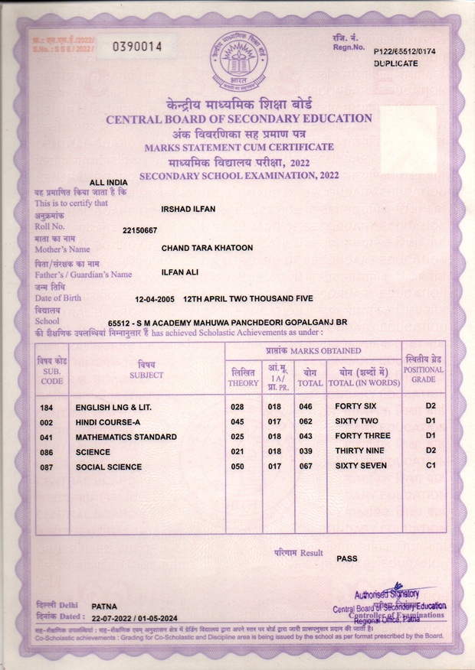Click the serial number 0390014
[138, 47]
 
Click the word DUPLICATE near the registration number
[396, 64]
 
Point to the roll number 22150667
[139, 230]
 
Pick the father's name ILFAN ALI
[182, 272]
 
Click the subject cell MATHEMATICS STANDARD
[126, 437]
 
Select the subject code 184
[46, 408]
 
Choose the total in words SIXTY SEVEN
[364, 465]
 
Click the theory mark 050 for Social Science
[237, 466]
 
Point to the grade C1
[431, 465]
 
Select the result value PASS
[347, 559]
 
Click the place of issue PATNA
[104, 605]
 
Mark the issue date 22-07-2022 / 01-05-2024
[134, 617]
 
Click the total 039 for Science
[306, 451]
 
